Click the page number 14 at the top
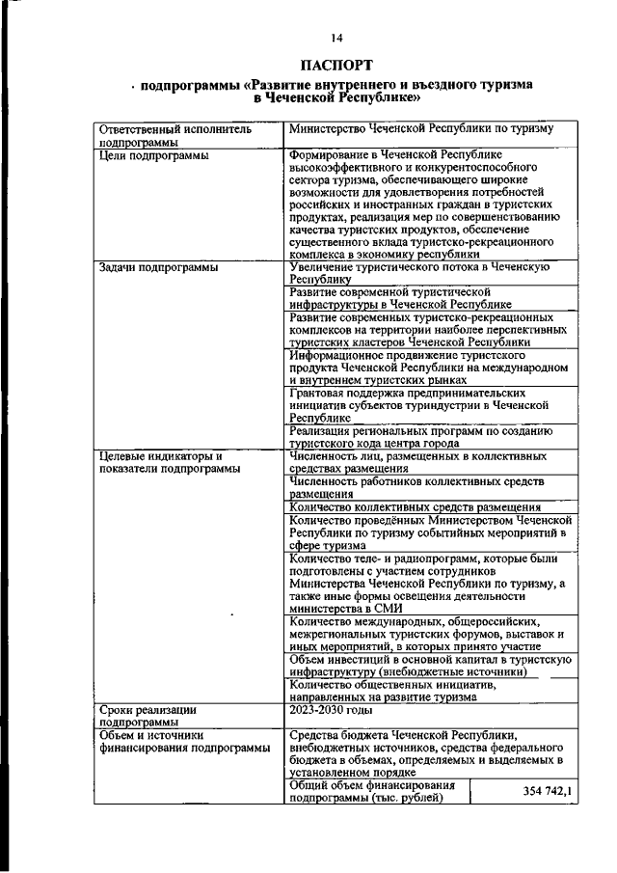pyautogui.click(x=336, y=38)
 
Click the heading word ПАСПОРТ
pyautogui.click(x=335, y=66)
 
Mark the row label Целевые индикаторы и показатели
pyautogui.click(x=160, y=462)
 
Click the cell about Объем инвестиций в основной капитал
pyautogui.click(x=430, y=665)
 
